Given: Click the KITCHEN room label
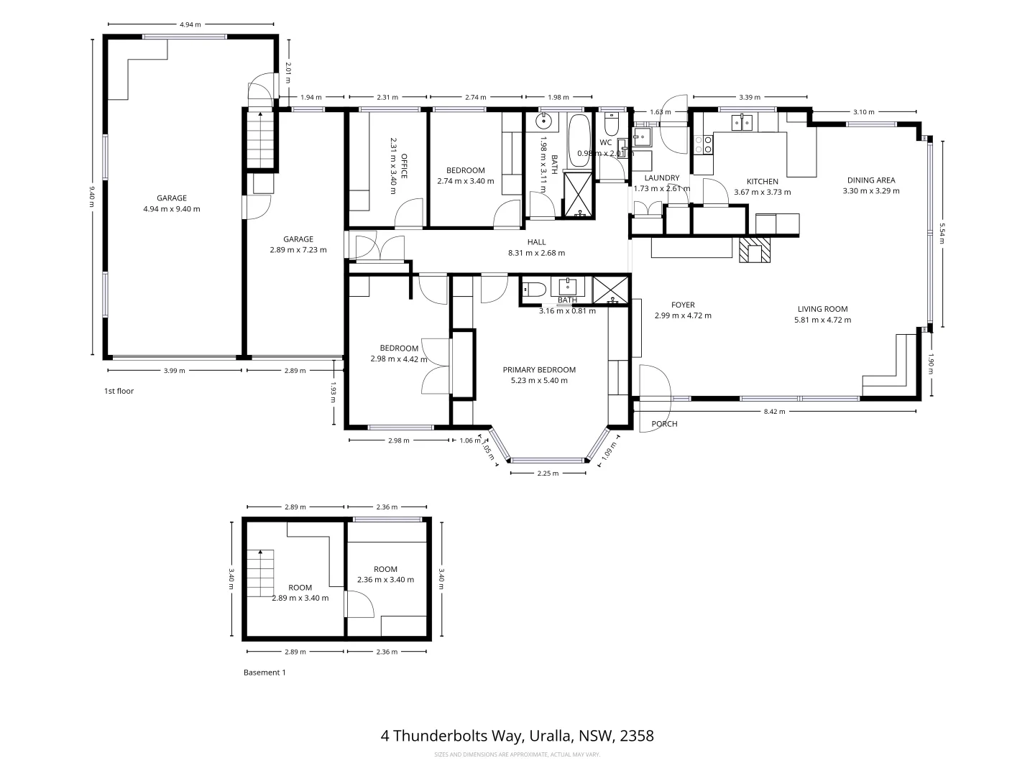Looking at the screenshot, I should [x=762, y=182].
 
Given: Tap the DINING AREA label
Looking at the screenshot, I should [x=871, y=180].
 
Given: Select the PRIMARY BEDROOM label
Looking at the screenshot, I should [x=538, y=370].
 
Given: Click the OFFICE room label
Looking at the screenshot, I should [x=404, y=167].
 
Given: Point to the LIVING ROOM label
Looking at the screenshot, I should [x=822, y=309].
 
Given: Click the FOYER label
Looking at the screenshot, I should [x=683, y=305].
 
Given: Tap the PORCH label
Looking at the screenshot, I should [x=664, y=424].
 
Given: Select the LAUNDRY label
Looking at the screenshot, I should [x=661, y=178].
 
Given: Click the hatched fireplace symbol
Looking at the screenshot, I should [x=754, y=249].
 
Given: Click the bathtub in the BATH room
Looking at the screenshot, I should [x=579, y=139].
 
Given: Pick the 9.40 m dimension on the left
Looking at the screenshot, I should [x=92, y=196].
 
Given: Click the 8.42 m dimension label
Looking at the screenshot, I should [x=774, y=412].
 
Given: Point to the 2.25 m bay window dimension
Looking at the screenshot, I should [x=548, y=474].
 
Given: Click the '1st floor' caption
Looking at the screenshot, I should [x=119, y=392].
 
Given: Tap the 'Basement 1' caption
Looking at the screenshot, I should [x=264, y=673].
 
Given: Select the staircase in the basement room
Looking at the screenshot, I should [x=261, y=573].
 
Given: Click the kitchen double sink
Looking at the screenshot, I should [x=742, y=123].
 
